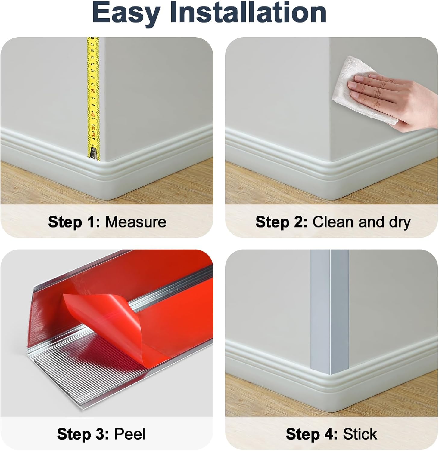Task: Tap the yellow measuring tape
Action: coord(93,98)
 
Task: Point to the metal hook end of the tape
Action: coord(94,154)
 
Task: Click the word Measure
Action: coord(135,222)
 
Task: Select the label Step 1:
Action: coord(74,222)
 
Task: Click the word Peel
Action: coord(130,434)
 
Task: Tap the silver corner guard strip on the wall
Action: coord(330,311)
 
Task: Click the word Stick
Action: coord(360,434)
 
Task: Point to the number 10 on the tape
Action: coord(93,91)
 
